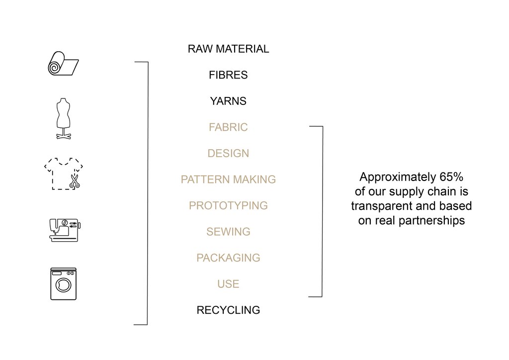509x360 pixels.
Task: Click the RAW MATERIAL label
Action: (x=228, y=49)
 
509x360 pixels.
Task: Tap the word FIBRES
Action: (x=228, y=75)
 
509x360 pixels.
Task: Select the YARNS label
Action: (x=228, y=101)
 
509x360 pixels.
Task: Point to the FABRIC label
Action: (x=228, y=127)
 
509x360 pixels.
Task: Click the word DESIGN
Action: (x=228, y=153)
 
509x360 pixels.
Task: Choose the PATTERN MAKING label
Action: (x=228, y=180)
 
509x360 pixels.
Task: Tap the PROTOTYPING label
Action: (x=228, y=205)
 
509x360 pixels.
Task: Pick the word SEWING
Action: (x=228, y=232)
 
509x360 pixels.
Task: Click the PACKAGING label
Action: (x=228, y=258)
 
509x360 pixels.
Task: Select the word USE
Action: (x=228, y=284)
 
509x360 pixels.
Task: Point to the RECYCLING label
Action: (x=228, y=310)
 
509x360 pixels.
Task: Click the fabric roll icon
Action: (x=63, y=63)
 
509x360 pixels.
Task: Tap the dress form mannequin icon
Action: (x=63, y=118)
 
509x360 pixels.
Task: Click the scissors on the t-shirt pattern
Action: (x=75, y=181)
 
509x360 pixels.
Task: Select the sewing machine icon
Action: (x=65, y=230)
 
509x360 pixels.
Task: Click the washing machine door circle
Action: (x=63, y=285)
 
